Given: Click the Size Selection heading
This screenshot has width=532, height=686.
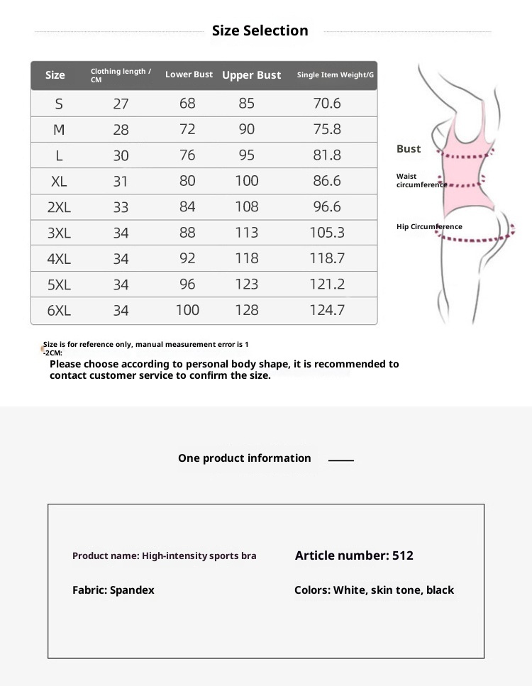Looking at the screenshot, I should pyautogui.click(x=260, y=31).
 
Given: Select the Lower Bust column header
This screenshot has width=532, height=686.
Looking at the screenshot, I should pyautogui.click(x=189, y=74).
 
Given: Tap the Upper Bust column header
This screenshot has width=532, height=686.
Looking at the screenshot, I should pyautogui.click(x=251, y=75).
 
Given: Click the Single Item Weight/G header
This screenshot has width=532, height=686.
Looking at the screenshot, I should pyautogui.click(x=335, y=75).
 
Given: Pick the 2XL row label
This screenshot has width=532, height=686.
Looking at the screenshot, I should pyautogui.click(x=59, y=207).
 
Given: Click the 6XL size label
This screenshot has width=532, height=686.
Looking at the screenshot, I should pyautogui.click(x=59, y=311).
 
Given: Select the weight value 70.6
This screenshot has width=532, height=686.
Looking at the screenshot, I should pyautogui.click(x=327, y=104).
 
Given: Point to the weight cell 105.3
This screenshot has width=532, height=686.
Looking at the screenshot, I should pyautogui.click(x=327, y=233).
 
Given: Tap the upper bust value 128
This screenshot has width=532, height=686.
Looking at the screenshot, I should pyautogui.click(x=247, y=310).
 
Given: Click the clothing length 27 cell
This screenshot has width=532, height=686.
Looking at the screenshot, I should pyautogui.click(x=121, y=104).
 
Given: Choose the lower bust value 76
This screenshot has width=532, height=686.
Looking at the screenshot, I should pyautogui.click(x=187, y=155).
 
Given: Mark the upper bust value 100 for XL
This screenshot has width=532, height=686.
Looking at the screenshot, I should pyautogui.click(x=247, y=181).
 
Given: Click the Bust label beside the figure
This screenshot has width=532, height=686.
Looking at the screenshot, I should pyautogui.click(x=409, y=149).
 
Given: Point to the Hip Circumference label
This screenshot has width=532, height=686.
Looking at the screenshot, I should pyautogui.click(x=429, y=227).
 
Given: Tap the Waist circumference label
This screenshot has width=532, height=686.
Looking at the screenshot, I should pyautogui.click(x=419, y=180).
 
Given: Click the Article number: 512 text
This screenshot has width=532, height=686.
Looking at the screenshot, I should pyautogui.click(x=354, y=555).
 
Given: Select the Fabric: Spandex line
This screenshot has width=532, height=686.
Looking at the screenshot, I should pyautogui.click(x=113, y=590).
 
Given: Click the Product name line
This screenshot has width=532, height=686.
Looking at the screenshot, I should pyautogui.click(x=164, y=555).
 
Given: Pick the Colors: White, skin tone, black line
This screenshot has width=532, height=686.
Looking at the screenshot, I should pyautogui.click(x=374, y=590).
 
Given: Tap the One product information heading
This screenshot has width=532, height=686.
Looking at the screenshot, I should pyautogui.click(x=245, y=458).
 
